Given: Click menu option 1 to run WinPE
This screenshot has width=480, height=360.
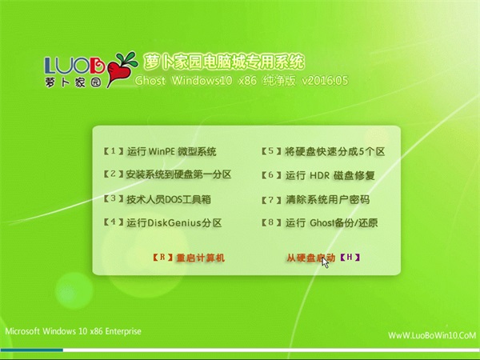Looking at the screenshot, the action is tap(160, 151).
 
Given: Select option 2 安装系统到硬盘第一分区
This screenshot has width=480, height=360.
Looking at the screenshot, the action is tap(167, 174).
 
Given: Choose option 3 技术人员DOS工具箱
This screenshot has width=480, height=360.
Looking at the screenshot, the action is tap(158, 199).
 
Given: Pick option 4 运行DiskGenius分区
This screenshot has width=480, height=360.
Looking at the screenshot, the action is tap(162, 222).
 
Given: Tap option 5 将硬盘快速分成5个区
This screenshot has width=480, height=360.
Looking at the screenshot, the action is tap(323, 151).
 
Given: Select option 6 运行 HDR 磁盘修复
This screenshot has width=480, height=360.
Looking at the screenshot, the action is tap(318, 175).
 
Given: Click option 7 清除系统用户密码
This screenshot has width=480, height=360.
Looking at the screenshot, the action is tap(316, 200).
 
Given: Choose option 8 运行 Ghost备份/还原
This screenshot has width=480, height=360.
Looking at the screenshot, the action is tap(319, 223).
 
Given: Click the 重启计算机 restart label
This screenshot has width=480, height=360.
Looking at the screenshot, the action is tap(201, 258).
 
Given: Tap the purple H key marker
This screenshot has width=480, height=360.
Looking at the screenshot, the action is tap(350, 258).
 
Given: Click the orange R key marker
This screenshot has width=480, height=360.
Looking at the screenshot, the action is tap(163, 258).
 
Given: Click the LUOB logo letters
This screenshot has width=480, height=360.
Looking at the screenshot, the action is tap(74, 66).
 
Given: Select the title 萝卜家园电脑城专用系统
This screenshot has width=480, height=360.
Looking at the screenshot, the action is tap(223, 62).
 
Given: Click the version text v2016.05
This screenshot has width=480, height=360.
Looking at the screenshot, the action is tap(325, 81).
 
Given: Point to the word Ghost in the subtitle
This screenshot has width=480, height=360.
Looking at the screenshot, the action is tap(150, 81).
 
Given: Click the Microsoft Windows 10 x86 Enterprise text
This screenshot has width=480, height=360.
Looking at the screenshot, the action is tap(73, 331).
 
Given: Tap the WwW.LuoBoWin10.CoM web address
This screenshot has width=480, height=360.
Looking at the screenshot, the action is tap(432, 335).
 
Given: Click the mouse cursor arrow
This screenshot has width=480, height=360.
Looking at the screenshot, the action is tap(325, 263).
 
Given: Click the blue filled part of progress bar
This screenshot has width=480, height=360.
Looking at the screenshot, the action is tap(32, 350).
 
